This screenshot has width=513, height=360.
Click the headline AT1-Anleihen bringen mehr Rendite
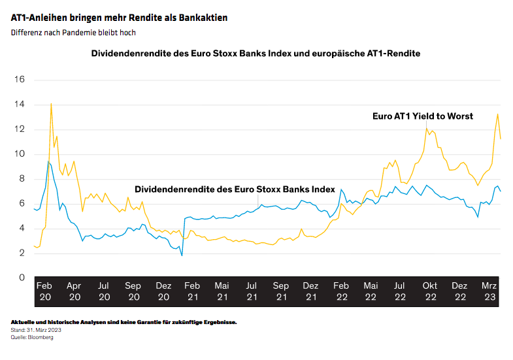[x=119, y=18]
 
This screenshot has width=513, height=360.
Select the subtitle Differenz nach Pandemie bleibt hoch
[x=73, y=32]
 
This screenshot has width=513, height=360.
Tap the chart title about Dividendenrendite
[x=256, y=54]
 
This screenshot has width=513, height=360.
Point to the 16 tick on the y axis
[x=19, y=80]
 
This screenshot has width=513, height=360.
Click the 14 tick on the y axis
[x=19, y=105]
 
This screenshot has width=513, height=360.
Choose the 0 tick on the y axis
[x=21, y=278]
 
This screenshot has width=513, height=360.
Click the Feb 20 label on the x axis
[x=44, y=291]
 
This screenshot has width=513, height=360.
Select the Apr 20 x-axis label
[x=74, y=291]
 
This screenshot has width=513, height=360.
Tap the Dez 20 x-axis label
[x=163, y=291]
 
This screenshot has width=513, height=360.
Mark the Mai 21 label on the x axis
[x=222, y=291]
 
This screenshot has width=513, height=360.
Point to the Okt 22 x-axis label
[x=430, y=291]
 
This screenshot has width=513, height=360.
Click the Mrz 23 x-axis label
[x=489, y=291]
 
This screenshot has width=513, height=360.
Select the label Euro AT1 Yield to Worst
[x=422, y=116]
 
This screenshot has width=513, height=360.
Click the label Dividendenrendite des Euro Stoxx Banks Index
[x=234, y=188]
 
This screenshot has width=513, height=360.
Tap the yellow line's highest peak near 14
[x=51, y=103]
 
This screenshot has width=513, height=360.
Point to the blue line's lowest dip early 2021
[x=182, y=255]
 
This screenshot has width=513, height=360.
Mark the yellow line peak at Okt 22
[x=427, y=128]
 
